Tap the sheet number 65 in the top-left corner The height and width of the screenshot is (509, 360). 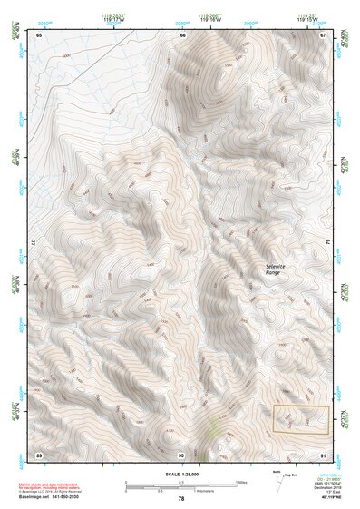(x=38, y=34)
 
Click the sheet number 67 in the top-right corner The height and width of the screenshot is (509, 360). (x=324, y=34)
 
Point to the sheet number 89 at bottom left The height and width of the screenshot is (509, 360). (x=38, y=454)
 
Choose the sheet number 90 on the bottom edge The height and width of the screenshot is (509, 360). (x=181, y=454)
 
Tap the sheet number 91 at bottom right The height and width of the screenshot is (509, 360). (x=324, y=454)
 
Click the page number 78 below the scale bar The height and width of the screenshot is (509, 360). (x=181, y=499)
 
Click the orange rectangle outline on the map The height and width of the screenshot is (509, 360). (x=300, y=418)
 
